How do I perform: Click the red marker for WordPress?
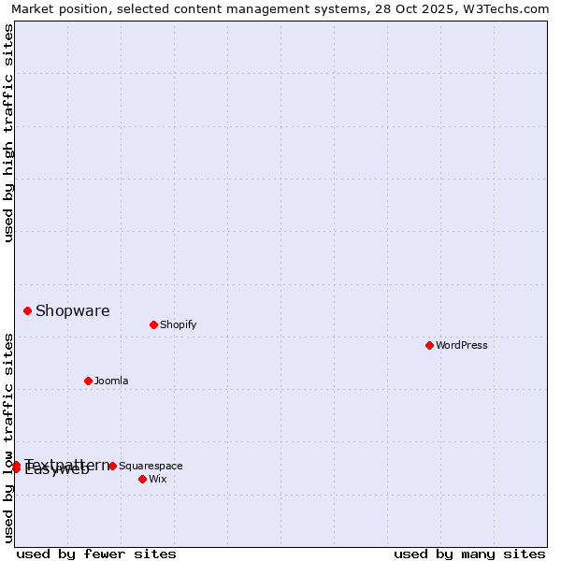(429, 345)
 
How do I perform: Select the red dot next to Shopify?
(153, 324)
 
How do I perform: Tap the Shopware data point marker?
(27, 310)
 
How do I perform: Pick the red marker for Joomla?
(88, 381)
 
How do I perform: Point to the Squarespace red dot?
(112, 466)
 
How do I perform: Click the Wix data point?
(142, 479)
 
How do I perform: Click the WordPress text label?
(462, 345)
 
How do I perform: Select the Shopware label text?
(72, 310)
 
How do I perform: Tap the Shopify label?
(178, 324)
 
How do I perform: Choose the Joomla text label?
(111, 381)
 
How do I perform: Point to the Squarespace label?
(151, 466)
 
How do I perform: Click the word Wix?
(157, 479)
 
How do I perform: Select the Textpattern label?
(67, 464)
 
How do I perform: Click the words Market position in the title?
(60, 9)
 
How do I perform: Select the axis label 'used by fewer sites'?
(96, 554)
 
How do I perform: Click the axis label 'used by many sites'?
(469, 554)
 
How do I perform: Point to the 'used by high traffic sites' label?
(8, 133)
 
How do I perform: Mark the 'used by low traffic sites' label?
(8, 438)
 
